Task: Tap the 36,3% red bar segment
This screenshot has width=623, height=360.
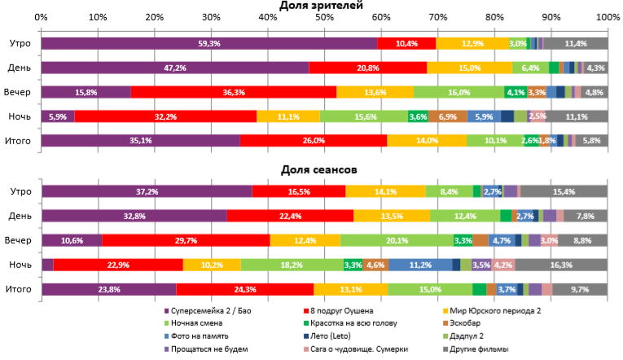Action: pyautogui.click(x=233, y=92)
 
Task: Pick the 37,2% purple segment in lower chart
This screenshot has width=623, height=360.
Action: pyautogui.click(x=147, y=191)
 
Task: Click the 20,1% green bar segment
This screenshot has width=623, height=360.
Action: pyautogui.click(x=396, y=240)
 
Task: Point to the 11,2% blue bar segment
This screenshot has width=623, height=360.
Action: pyautogui.click(x=419, y=265)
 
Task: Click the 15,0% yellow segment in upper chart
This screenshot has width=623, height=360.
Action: pyautogui.click(x=469, y=68)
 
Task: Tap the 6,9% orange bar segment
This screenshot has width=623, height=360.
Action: pyautogui.click(x=447, y=116)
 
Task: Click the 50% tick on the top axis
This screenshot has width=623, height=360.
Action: pyautogui.click(x=324, y=17)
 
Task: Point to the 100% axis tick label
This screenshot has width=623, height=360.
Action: pyautogui.click(x=607, y=17)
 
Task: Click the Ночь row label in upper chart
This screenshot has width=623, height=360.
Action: pyautogui.click(x=20, y=116)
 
